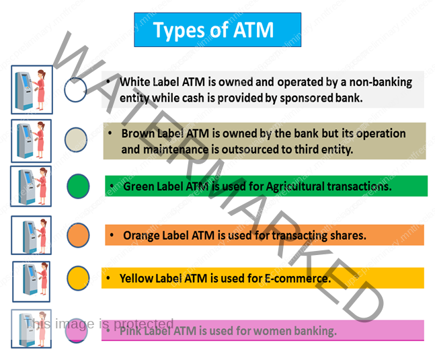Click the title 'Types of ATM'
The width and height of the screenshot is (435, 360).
(213, 30)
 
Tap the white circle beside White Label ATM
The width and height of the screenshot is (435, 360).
(76, 89)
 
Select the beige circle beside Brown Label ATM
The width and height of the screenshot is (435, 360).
(76, 140)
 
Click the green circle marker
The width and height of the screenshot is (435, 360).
(78, 186)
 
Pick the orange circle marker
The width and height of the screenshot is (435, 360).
(78, 235)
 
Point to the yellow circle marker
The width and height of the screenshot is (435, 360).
(78, 277)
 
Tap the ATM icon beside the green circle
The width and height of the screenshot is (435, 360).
(31, 186)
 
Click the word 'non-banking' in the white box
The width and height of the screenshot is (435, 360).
(381, 82)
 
